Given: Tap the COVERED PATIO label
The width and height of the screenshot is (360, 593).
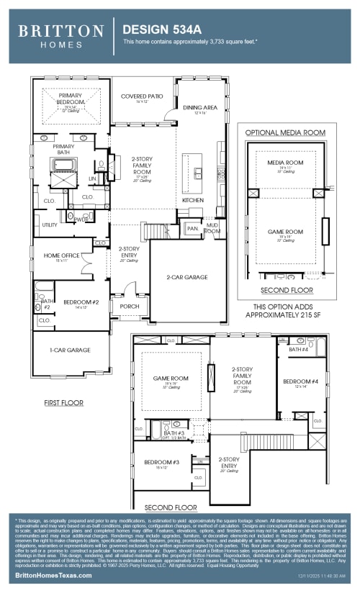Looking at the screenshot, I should [x=142, y=96].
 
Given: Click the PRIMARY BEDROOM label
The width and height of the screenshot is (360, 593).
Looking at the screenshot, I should [x=71, y=99].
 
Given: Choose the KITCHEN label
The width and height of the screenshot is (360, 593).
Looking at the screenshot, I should [x=193, y=199].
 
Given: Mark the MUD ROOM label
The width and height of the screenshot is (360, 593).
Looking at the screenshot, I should [x=212, y=228].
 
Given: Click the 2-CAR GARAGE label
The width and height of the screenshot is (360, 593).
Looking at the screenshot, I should [x=187, y=276].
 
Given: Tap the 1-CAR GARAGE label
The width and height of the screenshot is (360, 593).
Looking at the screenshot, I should [x=71, y=350].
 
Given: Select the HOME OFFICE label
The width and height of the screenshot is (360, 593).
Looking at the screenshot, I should [x=61, y=255].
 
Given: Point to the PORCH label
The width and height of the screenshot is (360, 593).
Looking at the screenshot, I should [x=129, y=306].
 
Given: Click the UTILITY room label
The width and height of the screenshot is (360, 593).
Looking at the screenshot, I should [x=50, y=225].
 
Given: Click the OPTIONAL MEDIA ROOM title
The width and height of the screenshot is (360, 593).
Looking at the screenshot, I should [x=285, y=133].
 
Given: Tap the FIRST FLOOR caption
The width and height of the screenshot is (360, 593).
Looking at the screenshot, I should [x=63, y=403].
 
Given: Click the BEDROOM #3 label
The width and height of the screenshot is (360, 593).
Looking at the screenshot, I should [x=161, y=462].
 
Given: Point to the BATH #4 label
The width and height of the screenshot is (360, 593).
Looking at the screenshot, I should [x=298, y=349].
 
